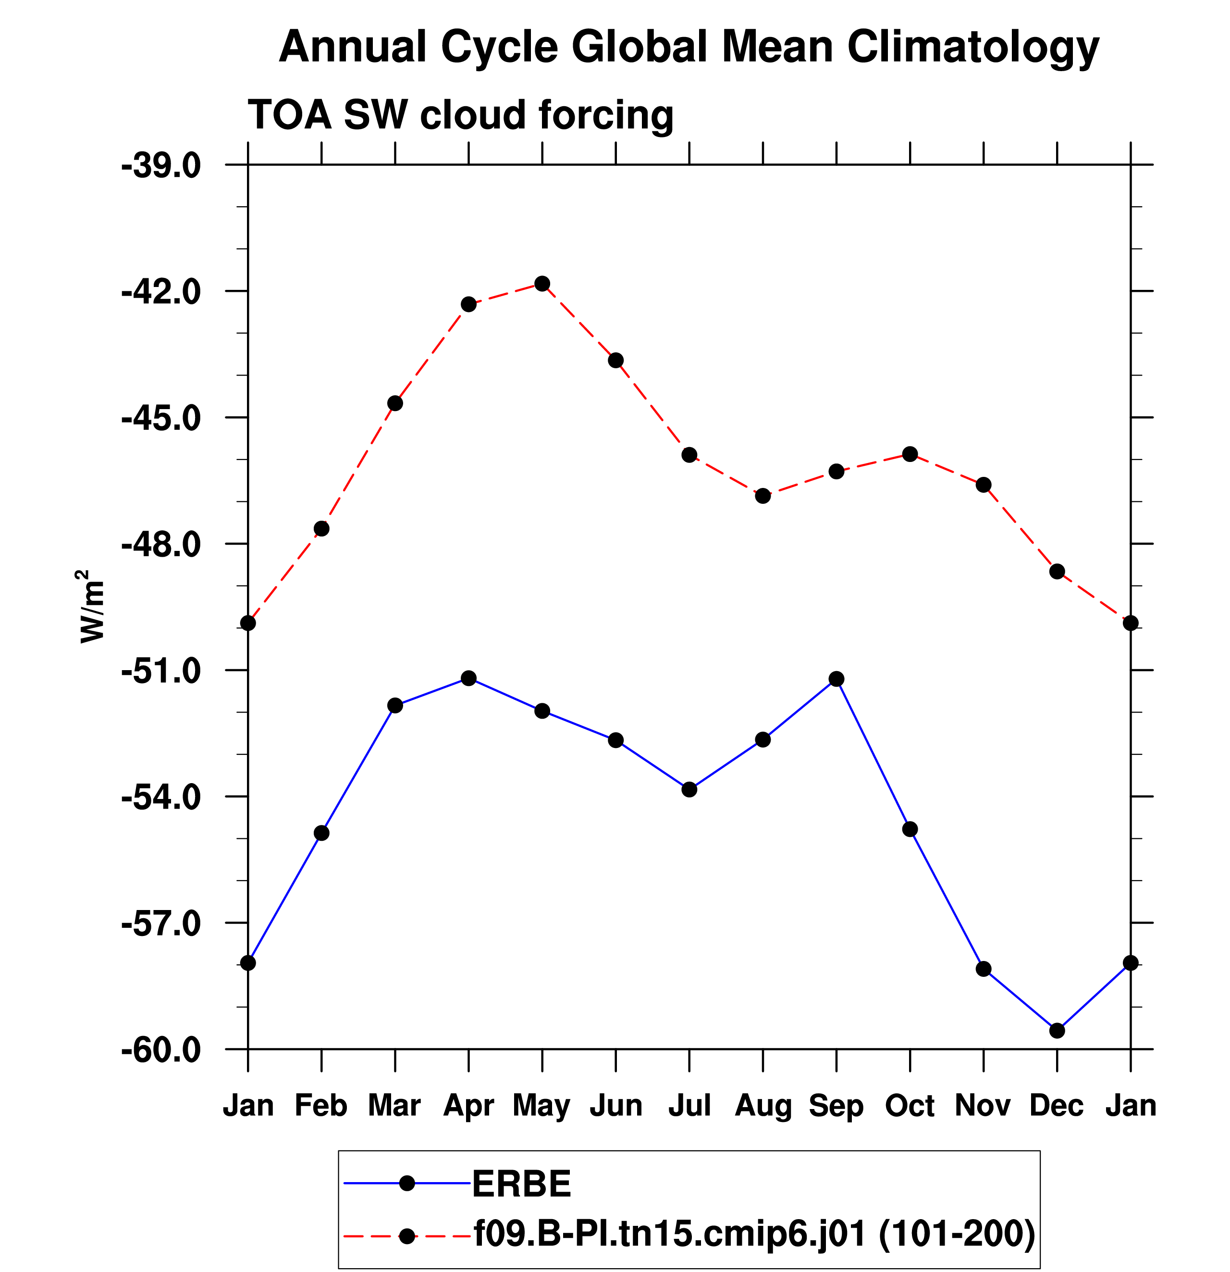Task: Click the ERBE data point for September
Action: [x=836, y=679]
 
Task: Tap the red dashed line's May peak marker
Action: [x=542, y=284]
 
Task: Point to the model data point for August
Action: [x=763, y=496]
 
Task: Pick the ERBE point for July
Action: [x=689, y=789]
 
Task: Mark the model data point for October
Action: [x=910, y=454]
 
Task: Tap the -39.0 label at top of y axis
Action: [x=161, y=166]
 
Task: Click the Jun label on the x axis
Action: [x=615, y=1105]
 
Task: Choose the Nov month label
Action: [x=983, y=1105]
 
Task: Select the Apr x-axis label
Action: [x=468, y=1105]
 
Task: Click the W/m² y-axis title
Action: [x=91, y=606]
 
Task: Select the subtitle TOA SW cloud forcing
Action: [x=461, y=115]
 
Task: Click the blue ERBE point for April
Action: [x=468, y=678]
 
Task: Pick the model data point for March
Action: [x=395, y=403]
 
